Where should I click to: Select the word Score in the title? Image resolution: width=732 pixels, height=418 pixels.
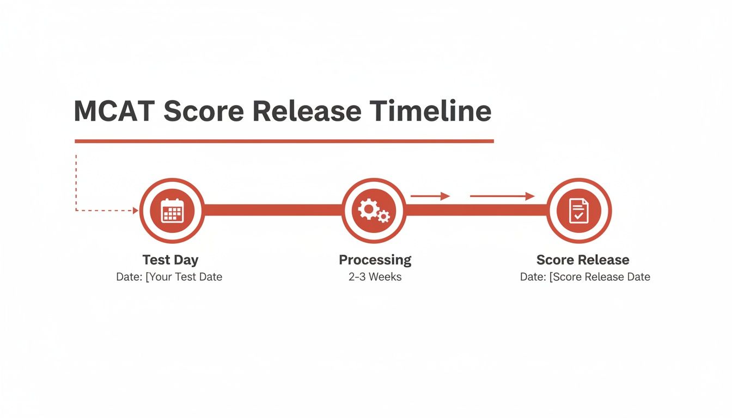[x=203, y=111]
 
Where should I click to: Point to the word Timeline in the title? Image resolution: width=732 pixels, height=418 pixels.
[x=430, y=111]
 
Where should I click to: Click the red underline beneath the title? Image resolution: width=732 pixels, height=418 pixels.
[x=284, y=141]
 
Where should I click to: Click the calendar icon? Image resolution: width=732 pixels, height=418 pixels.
[x=172, y=210]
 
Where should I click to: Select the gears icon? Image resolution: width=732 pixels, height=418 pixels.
[x=374, y=210]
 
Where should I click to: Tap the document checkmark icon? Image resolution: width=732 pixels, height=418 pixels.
[x=579, y=210]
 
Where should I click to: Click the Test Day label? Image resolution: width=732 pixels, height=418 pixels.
[x=170, y=260]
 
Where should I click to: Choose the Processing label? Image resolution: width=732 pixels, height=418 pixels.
[x=375, y=260]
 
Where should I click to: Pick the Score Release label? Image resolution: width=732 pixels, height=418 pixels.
[x=583, y=260]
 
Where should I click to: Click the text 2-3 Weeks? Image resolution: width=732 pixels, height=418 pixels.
[x=375, y=277]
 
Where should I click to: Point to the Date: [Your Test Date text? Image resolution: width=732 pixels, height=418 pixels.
[x=169, y=277]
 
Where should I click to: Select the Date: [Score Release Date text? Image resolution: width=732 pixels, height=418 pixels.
[x=585, y=277]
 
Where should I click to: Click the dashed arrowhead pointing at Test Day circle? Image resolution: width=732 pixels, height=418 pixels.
[x=136, y=210]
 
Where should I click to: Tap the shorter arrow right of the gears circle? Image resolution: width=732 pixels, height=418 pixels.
[x=430, y=196]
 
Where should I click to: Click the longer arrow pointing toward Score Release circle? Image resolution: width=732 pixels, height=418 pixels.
[x=502, y=196]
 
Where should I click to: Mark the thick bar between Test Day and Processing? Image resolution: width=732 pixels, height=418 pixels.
[x=272, y=210]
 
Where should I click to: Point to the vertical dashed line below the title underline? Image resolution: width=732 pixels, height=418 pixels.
[x=76, y=180]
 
